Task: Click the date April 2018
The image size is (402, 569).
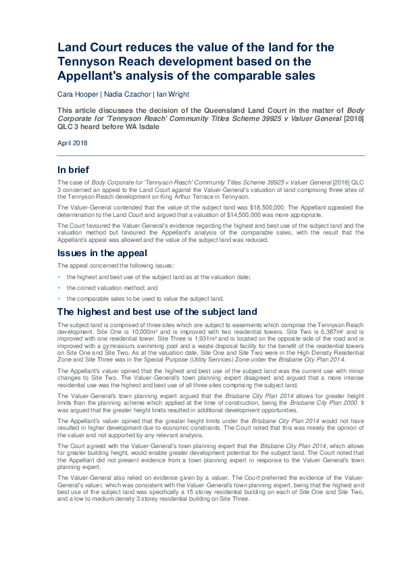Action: pyautogui.click(x=72, y=143)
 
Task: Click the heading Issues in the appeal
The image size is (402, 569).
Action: pyautogui.click(x=102, y=253)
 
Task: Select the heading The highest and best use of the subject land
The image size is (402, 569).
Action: pyautogui.click(x=157, y=312)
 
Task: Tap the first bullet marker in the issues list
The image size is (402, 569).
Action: pyautogui.click(x=59, y=278)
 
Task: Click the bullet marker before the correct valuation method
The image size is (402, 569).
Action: pyautogui.click(x=59, y=288)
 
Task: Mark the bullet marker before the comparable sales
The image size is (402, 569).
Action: pyautogui.click(x=59, y=298)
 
